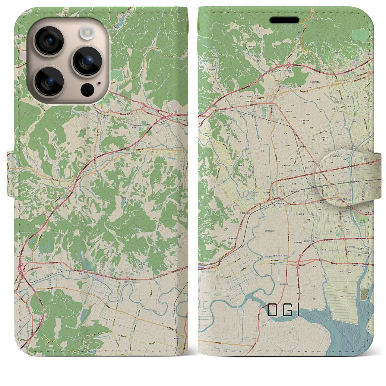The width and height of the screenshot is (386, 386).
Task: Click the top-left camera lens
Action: point(49,41)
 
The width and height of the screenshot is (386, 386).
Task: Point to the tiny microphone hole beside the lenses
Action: point(99,83)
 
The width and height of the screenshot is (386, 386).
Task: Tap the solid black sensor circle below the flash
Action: point(87,89)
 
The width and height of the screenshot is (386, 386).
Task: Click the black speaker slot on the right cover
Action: point(284,20)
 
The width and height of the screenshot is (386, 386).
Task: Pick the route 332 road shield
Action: point(206,133)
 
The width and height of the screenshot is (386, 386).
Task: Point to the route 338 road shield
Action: point(157,48)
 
